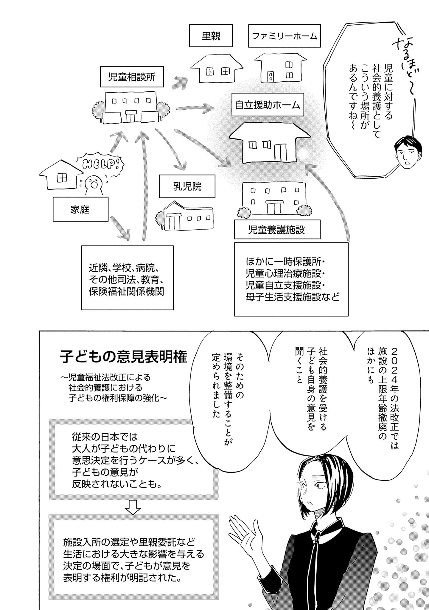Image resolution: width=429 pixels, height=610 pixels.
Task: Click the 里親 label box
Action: pos(211,36)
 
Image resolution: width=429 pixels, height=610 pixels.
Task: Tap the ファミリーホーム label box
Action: pos(284,36)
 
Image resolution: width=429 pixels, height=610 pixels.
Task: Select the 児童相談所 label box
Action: pos(132,77)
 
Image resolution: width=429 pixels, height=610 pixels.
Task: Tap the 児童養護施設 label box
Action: pos(277,230)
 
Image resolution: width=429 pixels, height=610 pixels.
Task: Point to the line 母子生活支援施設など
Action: pos(293,297)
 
